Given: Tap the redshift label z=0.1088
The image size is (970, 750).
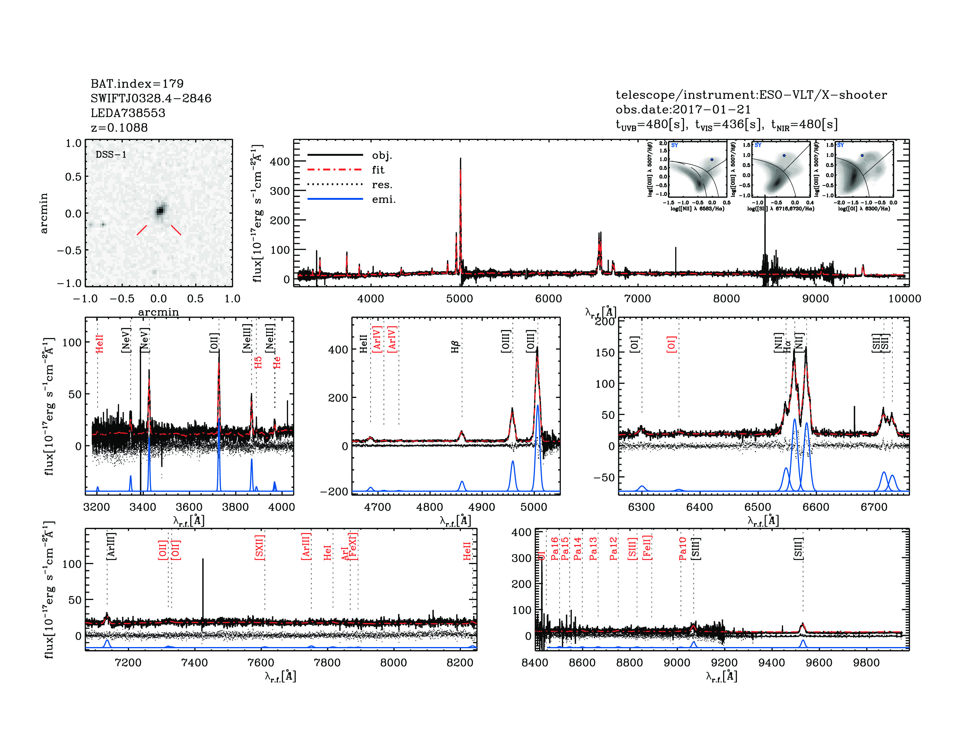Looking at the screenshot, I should (119, 128).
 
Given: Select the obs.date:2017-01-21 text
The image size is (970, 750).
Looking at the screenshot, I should (683, 109).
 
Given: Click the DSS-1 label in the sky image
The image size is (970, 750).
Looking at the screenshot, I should (111, 155).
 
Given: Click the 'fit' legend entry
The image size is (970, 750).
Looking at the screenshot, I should (378, 170).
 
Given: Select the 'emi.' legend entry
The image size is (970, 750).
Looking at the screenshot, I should (383, 199).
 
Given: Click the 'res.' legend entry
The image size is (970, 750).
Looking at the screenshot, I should (382, 184).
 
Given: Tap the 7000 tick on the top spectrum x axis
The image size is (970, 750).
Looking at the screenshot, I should (637, 299).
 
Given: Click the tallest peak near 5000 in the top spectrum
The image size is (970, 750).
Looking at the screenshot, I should (461, 160).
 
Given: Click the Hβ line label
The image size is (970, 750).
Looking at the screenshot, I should (455, 346).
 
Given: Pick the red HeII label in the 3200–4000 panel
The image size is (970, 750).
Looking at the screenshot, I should (99, 344).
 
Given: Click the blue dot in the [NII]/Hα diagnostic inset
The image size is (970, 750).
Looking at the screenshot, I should (712, 159).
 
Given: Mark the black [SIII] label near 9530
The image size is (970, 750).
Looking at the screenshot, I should (798, 549).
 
